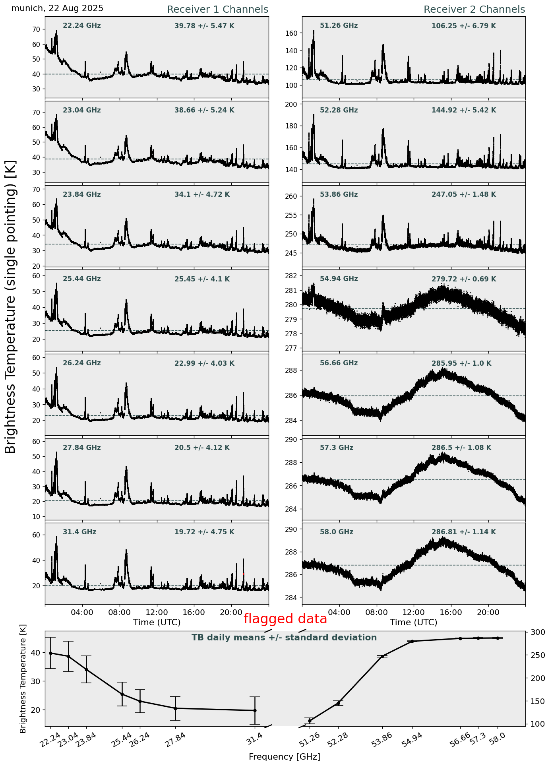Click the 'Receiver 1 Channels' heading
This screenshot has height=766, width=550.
pyautogui.click(x=217, y=10)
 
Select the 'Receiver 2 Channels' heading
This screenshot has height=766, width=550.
pyautogui.click(x=474, y=10)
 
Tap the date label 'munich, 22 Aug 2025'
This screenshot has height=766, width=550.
pyautogui.click(x=57, y=8)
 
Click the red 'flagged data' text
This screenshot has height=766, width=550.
pyautogui.click(x=285, y=619)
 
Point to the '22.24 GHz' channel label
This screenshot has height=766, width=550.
pyautogui.click(x=81, y=26)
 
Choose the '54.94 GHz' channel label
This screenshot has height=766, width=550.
pyautogui.click(x=339, y=279)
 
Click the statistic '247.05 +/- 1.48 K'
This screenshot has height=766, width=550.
pyautogui.click(x=463, y=195)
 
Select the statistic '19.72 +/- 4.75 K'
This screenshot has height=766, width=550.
pyautogui.click(x=204, y=532)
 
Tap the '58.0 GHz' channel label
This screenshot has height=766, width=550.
pyautogui.click(x=336, y=532)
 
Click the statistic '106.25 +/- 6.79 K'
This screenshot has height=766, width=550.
pyautogui.click(x=463, y=26)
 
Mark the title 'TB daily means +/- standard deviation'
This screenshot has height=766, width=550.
pyautogui.click(x=284, y=638)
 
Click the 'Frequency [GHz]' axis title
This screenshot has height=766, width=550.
pyautogui.click(x=284, y=756)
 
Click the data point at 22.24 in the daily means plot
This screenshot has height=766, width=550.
pyautogui.click(x=50, y=653)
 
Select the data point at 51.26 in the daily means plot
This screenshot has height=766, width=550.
pyautogui.click(x=310, y=721)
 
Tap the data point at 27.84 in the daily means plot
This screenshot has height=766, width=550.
pyautogui.click(x=175, y=708)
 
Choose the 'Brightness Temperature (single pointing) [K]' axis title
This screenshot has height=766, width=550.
pyautogui.click(x=11, y=306)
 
